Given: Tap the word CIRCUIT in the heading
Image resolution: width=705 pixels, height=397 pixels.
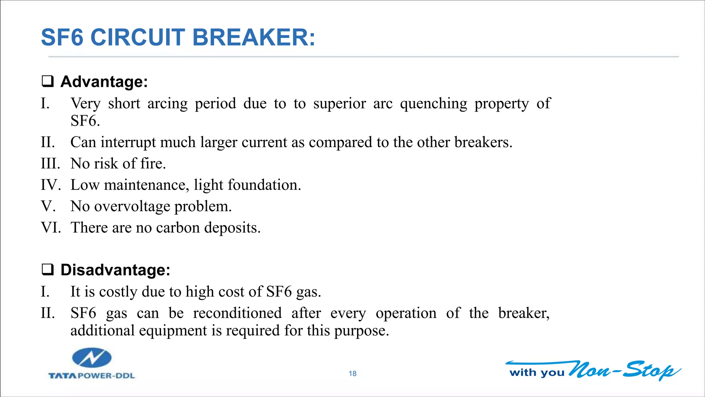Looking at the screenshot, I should coord(138,37).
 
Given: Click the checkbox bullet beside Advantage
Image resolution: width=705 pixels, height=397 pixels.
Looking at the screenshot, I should coord(48,81).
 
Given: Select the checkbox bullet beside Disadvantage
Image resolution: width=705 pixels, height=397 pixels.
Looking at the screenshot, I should coord(48,269).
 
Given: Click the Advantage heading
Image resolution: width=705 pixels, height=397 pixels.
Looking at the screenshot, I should coord(104,82).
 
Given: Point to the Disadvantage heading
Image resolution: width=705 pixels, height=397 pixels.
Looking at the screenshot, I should coord(115,270).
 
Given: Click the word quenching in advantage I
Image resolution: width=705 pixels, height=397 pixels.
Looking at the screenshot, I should coord(433,104).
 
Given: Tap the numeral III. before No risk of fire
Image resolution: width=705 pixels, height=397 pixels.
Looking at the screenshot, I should coord(50,163).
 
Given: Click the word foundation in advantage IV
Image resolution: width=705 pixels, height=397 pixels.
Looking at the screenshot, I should coord(264,185).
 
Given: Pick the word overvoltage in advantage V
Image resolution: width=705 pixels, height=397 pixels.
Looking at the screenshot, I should coord(132,206).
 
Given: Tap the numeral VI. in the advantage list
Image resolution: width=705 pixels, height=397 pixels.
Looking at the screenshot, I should coord(51,228).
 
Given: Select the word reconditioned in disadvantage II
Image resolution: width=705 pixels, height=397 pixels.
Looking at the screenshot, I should coord(237,313).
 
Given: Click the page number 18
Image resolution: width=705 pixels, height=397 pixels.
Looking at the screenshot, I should coord(352,374).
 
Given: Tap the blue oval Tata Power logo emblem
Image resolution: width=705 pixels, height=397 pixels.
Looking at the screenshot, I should coord(92,358).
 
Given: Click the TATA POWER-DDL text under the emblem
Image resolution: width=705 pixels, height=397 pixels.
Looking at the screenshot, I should coord(92,376).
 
